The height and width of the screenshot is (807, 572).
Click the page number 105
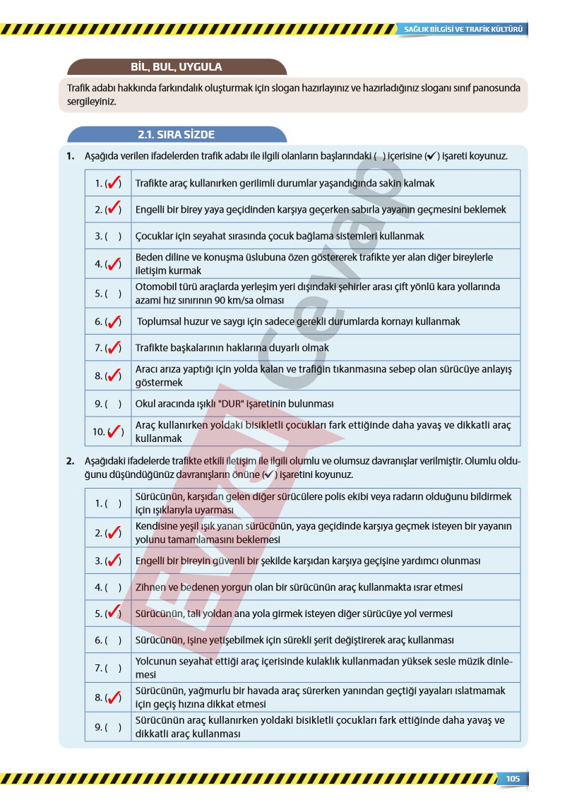point(513,778)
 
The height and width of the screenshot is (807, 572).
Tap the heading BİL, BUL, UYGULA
point(177,67)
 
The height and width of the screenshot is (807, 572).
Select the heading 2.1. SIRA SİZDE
point(177,134)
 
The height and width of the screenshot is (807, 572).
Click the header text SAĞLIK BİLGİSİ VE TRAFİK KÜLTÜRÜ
point(463,30)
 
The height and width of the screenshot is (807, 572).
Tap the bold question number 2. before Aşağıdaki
point(71,461)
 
